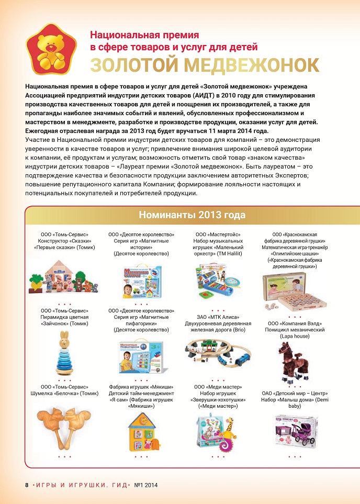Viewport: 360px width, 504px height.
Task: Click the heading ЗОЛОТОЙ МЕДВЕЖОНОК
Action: (x=205, y=64)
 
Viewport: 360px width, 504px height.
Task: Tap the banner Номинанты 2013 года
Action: (x=192, y=216)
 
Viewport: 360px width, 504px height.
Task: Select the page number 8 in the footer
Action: (x=27, y=485)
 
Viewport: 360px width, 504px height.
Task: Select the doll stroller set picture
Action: (x=296, y=431)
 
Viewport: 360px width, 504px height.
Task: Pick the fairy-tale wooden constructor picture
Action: (x=63, y=281)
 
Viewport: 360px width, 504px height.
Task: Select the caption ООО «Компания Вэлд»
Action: (x=295, y=323)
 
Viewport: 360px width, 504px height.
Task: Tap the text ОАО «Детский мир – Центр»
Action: (x=295, y=393)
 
